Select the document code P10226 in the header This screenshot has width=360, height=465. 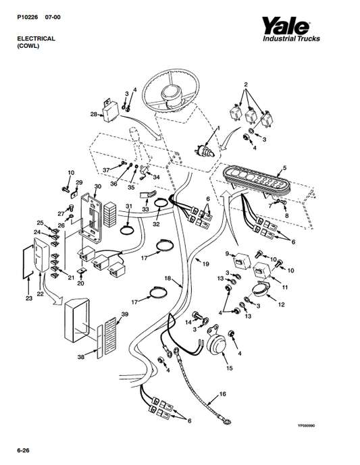click(x=27, y=17)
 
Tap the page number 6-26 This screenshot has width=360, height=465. click(x=23, y=450)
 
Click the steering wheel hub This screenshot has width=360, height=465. click(x=172, y=94)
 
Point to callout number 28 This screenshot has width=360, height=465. click(x=93, y=114)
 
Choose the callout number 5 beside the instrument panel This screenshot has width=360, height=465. click(x=284, y=168)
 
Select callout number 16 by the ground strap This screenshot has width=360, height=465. click(x=223, y=394)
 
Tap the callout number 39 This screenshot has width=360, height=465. click(x=125, y=314)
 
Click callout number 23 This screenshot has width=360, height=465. click(x=29, y=298)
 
